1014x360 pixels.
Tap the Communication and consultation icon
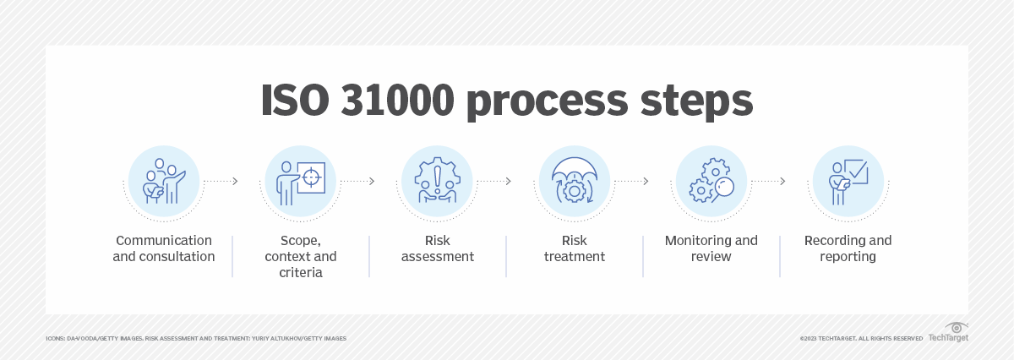[163, 182]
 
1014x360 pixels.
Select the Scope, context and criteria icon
[300, 182]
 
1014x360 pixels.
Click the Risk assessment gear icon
[437, 182]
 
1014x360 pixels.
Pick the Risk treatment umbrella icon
[574, 182]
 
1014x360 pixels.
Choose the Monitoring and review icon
[711, 182]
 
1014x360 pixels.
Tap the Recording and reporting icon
[848, 182]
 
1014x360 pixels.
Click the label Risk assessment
[437, 248]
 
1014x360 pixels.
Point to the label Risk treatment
[574, 248]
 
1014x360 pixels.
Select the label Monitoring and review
[711, 248]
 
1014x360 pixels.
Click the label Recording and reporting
[848, 248]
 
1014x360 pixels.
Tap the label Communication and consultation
[163, 248]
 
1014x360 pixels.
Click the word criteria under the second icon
[300, 272]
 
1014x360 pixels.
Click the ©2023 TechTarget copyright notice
[861, 338]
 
